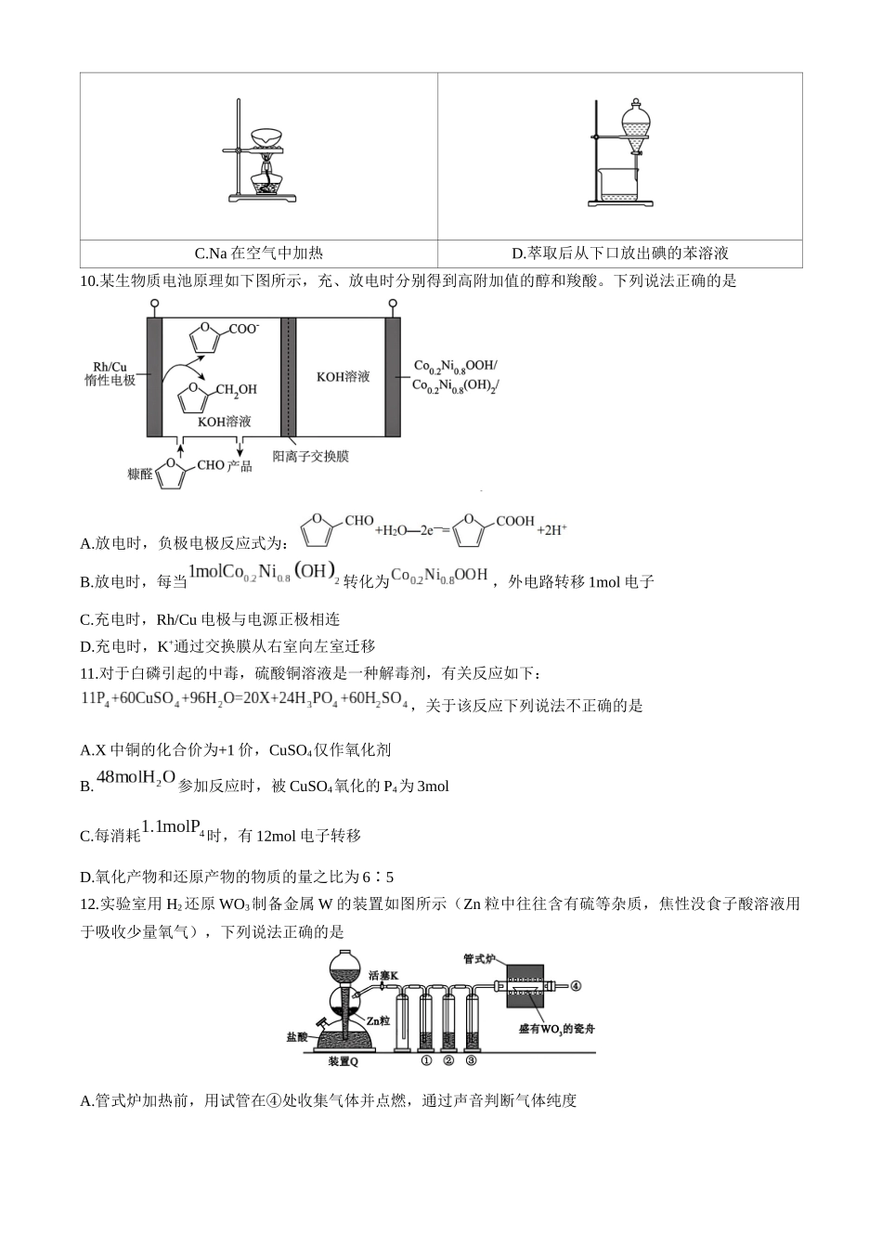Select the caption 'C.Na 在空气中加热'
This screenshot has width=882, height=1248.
coord(258,253)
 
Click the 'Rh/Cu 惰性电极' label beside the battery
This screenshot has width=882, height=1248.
coord(110,373)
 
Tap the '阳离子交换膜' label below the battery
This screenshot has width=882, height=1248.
coord(310,457)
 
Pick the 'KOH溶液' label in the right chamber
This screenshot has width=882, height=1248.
coord(343,376)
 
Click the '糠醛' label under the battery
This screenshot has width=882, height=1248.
coord(139,474)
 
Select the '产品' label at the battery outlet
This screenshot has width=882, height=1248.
coord(240,465)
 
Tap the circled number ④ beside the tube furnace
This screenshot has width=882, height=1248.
coord(575,986)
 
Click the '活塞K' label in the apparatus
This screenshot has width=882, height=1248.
coord(383,976)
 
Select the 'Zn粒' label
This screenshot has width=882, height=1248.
coord(377,1020)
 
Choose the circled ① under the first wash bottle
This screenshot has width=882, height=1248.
coord(426,1060)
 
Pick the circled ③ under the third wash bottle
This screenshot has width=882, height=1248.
coord(471,1060)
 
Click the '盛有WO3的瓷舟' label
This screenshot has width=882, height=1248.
coord(556,1028)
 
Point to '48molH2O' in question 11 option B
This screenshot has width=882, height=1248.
coord(136,777)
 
